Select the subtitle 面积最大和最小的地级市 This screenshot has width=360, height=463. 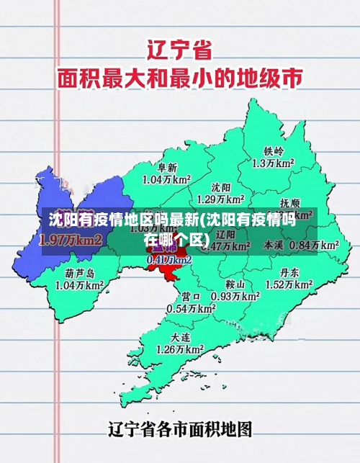click(180, 77)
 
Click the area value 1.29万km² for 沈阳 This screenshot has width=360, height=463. click(220, 199)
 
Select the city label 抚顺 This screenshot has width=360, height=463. click(290, 203)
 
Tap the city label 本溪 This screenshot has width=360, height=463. click(274, 245)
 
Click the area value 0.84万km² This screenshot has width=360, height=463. click(314, 245)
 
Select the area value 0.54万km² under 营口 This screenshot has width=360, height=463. click(191, 308)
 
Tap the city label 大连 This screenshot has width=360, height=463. click(181, 337)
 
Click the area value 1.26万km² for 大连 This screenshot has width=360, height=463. click(180, 349)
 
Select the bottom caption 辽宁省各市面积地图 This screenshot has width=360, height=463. click(180, 430)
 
